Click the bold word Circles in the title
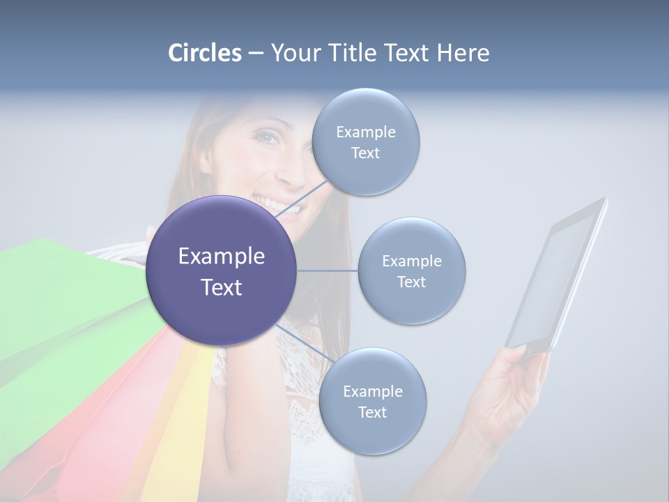pyautogui.click(x=205, y=53)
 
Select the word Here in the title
pyautogui.click(x=463, y=53)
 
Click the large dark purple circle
pyautogui.click(x=222, y=271)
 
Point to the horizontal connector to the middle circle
pyautogui.click(x=328, y=271)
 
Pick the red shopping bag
pyautogui.click(x=105, y=432)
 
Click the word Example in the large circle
pyautogui.click(x=222, y=257)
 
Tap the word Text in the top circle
pyautogui.click(x=365, y=153)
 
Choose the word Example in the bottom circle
pyautogui.click(x=373, y=392)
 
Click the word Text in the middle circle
pyautogui.click(x=411, y=282)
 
